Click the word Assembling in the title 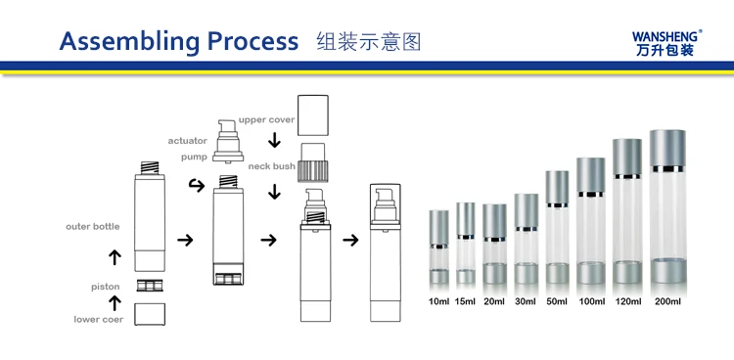click(x=130, y=43)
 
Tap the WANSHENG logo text click(x=665, y=36)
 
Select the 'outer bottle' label click(x=93, y=227)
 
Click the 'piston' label click(x=106, y=287)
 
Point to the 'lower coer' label click(x=99, y=319)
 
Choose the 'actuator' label click(x=187, y=141)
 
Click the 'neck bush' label click(x=271, y=166)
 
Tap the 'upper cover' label click(x=266, y=119)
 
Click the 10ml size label click(x=439, y=301)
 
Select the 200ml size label click(x=668, y=301)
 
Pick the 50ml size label click(x=557, y=301)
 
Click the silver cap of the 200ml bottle click(x=667, y=148)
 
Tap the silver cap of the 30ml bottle click(x=527, y=210)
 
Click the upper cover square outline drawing click(x=313, y=115)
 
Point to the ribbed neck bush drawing click(x=313, y=170)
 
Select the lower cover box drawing click(x=150, y=314)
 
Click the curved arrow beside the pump click(x=197, y=186)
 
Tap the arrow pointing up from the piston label click(x=115, y=303)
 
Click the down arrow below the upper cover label click(x=274, y=140)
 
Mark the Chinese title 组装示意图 click(x=369, y=42)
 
